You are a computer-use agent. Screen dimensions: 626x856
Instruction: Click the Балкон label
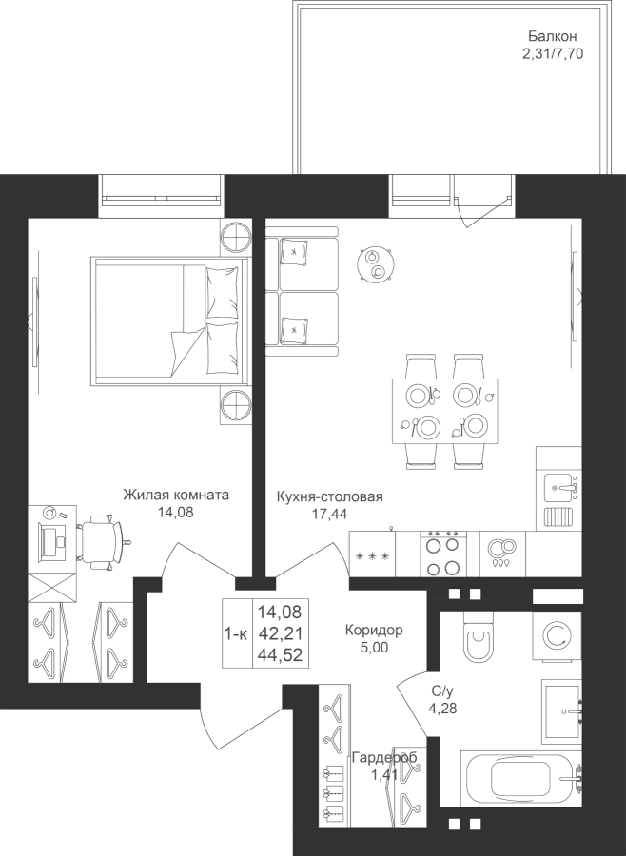coord(552,36)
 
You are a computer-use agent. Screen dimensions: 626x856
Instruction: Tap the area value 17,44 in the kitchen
coord(329,514)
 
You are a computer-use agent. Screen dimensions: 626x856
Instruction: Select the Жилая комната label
coord(176,495)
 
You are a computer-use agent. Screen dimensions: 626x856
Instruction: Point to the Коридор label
coord(374,630)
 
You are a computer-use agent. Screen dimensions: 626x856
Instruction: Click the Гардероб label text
coord(384,758)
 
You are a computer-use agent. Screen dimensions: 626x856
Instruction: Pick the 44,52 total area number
coord(280,655)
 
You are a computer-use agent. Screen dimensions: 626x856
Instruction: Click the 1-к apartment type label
coord(236,633)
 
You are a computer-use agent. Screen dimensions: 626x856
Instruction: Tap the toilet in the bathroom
coord(479,636)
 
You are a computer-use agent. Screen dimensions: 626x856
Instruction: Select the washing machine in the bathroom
coord(558,635)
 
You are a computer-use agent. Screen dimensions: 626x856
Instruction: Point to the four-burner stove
coord(443,554)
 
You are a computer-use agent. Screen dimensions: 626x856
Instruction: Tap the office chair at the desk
coord(103,541)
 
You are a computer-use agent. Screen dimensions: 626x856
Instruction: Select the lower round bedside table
coord(236,404)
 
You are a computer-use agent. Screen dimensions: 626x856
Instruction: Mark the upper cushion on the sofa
coord(295,252)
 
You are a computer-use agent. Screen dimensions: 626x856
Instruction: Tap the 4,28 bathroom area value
coord(443,709)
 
